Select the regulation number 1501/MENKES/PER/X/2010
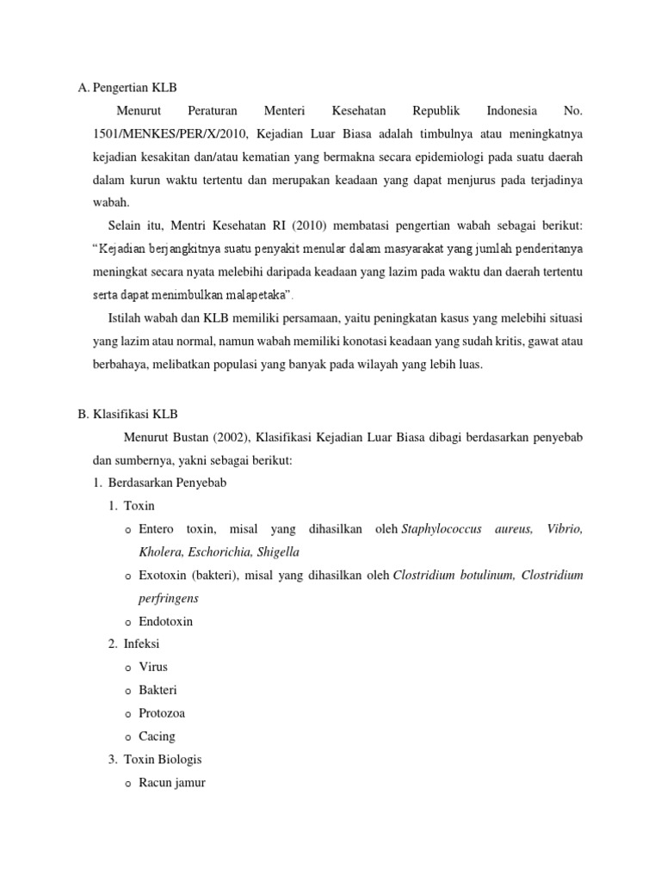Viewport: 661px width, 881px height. click(x=161, y=134)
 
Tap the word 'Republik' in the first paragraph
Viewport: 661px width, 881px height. click(x=436, y=111)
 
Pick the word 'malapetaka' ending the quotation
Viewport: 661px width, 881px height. click(x=256, y=295)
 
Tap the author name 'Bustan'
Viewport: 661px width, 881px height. click(x=194, y=438)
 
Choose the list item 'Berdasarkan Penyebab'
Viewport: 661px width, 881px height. click(x=167, y=484)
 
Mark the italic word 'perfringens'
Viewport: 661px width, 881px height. click(x=169, y=598)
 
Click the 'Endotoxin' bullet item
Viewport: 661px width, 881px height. click(x=165, y=621)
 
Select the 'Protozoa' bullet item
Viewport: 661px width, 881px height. click(x=161, y=713)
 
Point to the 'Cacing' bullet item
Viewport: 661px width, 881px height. click(x=156, y=736)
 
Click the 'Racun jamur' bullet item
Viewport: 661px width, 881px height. click(x=171, y=783)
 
